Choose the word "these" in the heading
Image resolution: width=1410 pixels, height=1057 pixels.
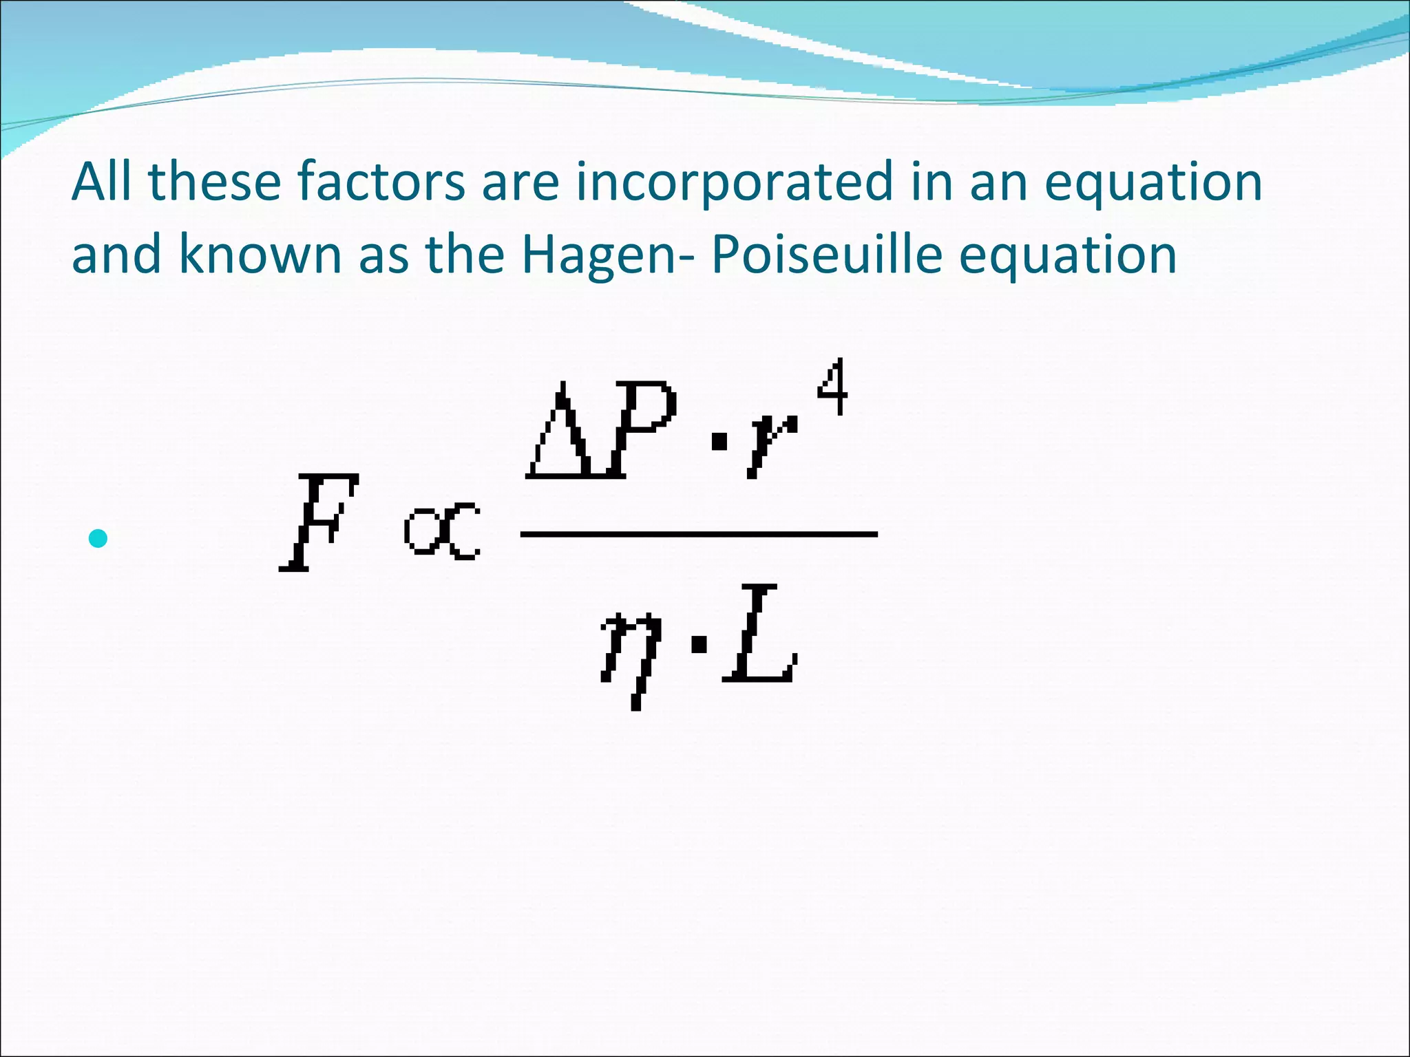coord(214,182)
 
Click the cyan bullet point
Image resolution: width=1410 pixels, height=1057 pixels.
coord(98,538)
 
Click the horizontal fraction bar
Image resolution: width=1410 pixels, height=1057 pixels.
coord(698,533)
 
